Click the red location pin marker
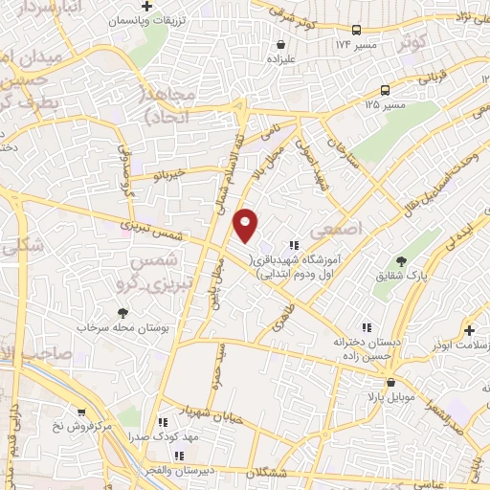point(246,224)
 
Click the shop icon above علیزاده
point(279,44)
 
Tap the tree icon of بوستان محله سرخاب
point(122,313)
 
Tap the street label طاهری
point(284,314)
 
